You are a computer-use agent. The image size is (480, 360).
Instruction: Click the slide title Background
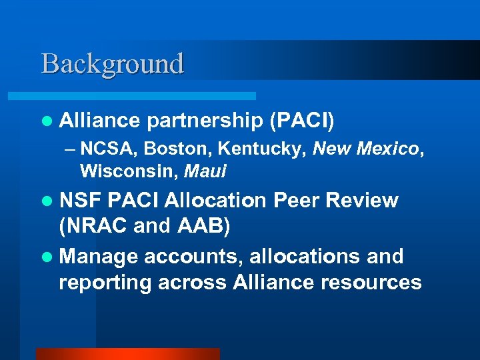pos(112,64)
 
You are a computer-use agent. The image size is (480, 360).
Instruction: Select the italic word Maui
pos(205,171)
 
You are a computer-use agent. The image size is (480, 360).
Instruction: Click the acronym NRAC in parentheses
pos(94,227)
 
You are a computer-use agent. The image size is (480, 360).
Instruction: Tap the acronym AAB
pos(203,227)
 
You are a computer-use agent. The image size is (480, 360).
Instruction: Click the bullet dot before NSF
pos(45,201)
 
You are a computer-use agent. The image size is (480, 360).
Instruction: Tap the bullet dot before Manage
pos(45,257)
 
